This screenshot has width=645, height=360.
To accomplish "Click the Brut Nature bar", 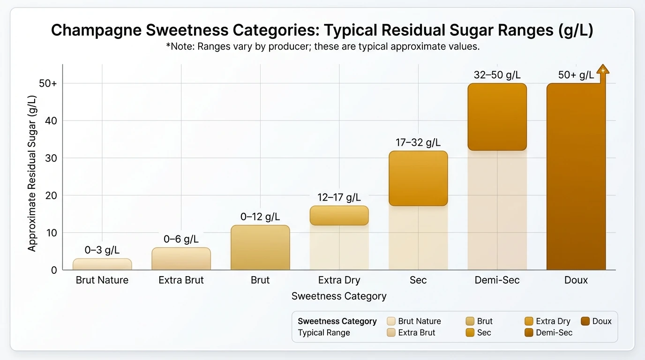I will [x=102, y=264].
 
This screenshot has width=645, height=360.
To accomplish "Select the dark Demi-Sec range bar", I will [x=497, y=117].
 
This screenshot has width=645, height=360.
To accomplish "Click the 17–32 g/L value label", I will [x=418, y=142].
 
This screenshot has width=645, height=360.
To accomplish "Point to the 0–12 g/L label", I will [x=260, y=217].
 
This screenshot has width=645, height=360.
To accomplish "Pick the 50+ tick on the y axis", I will [x=48, y=83].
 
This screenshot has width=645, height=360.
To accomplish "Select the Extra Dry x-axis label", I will [x=339, y=280].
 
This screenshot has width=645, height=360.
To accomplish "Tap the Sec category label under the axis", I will [x=418, y=280].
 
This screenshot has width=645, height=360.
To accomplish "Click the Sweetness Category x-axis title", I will [x=339, y=296].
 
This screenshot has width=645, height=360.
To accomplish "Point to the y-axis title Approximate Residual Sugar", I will [x=31, y=173].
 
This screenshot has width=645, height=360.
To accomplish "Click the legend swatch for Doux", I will [x=585, y=322].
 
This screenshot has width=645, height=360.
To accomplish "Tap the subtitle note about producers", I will [x=322, y=47].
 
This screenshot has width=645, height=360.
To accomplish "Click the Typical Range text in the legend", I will [x=324, y=333].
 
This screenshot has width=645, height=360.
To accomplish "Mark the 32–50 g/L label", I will [x=497, y=75].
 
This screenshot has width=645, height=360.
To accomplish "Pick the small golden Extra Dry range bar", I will [x=339, y=216].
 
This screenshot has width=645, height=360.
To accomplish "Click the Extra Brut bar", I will [x=181, y=259].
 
